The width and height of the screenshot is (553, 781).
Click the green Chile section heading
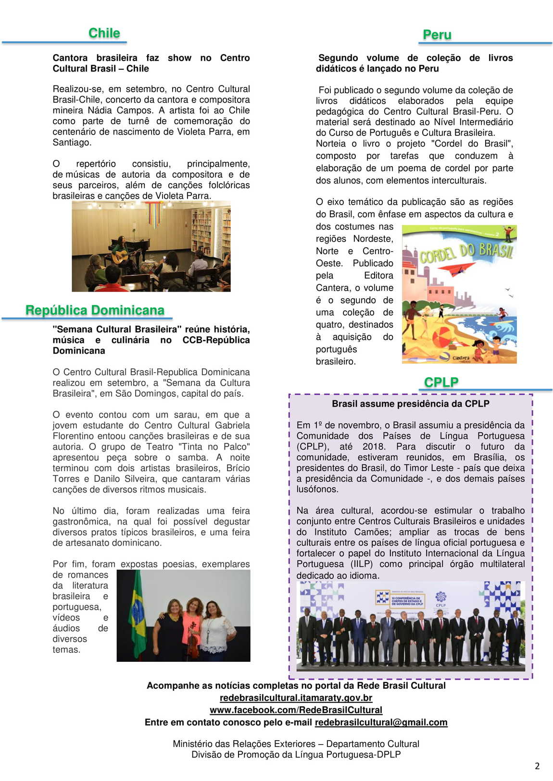[104, 33]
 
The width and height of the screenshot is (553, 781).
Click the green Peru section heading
[437, 35]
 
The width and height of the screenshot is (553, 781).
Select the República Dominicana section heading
[95, 310]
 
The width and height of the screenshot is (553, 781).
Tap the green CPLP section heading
[441, 382]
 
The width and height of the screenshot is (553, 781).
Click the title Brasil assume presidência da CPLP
[410, 404]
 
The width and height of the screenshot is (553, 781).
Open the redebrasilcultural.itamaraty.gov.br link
[296, 697]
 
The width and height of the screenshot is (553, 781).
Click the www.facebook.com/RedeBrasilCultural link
[296, 710]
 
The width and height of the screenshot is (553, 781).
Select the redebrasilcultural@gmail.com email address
[381, 722]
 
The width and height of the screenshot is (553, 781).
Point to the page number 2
[537, 766]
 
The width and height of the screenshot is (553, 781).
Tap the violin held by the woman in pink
[193, 639]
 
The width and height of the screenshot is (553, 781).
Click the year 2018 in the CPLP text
[374, 447]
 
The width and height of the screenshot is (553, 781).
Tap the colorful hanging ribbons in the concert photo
[154, 214]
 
